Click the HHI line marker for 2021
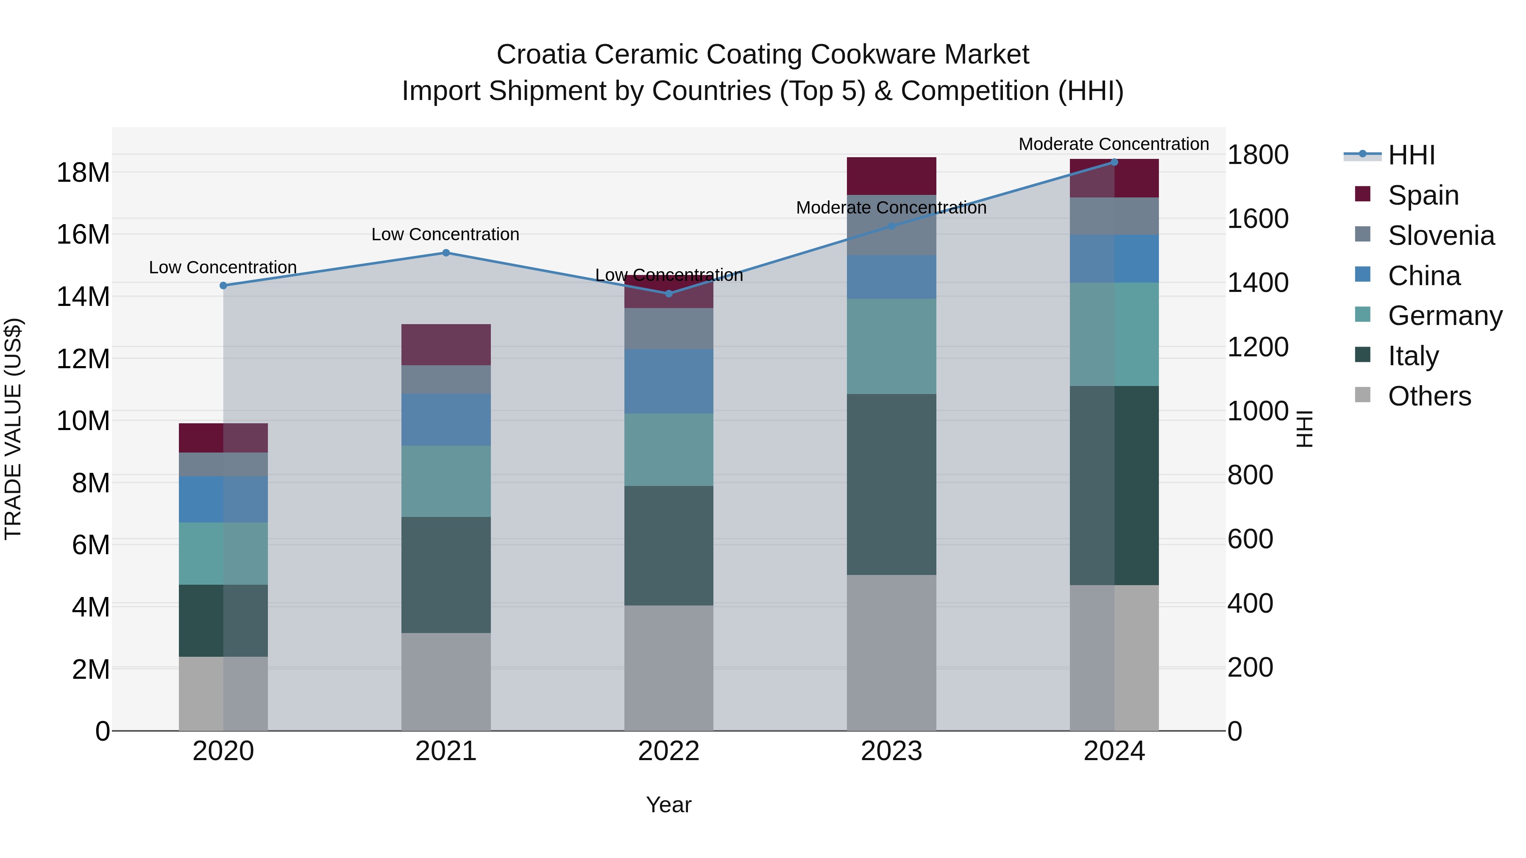[446, 253]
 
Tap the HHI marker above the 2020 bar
[223, 286]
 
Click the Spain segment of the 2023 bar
[891, 176]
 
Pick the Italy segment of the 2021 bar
[446, 575]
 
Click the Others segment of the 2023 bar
[891, 653]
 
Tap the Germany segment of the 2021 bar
[446, 481]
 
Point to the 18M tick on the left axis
[83, 173]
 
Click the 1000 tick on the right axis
[1257, 411]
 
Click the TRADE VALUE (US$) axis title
[13, 429]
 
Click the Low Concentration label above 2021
[445, 234]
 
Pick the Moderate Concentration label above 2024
[1113, 144]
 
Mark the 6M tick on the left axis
[91, 545]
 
